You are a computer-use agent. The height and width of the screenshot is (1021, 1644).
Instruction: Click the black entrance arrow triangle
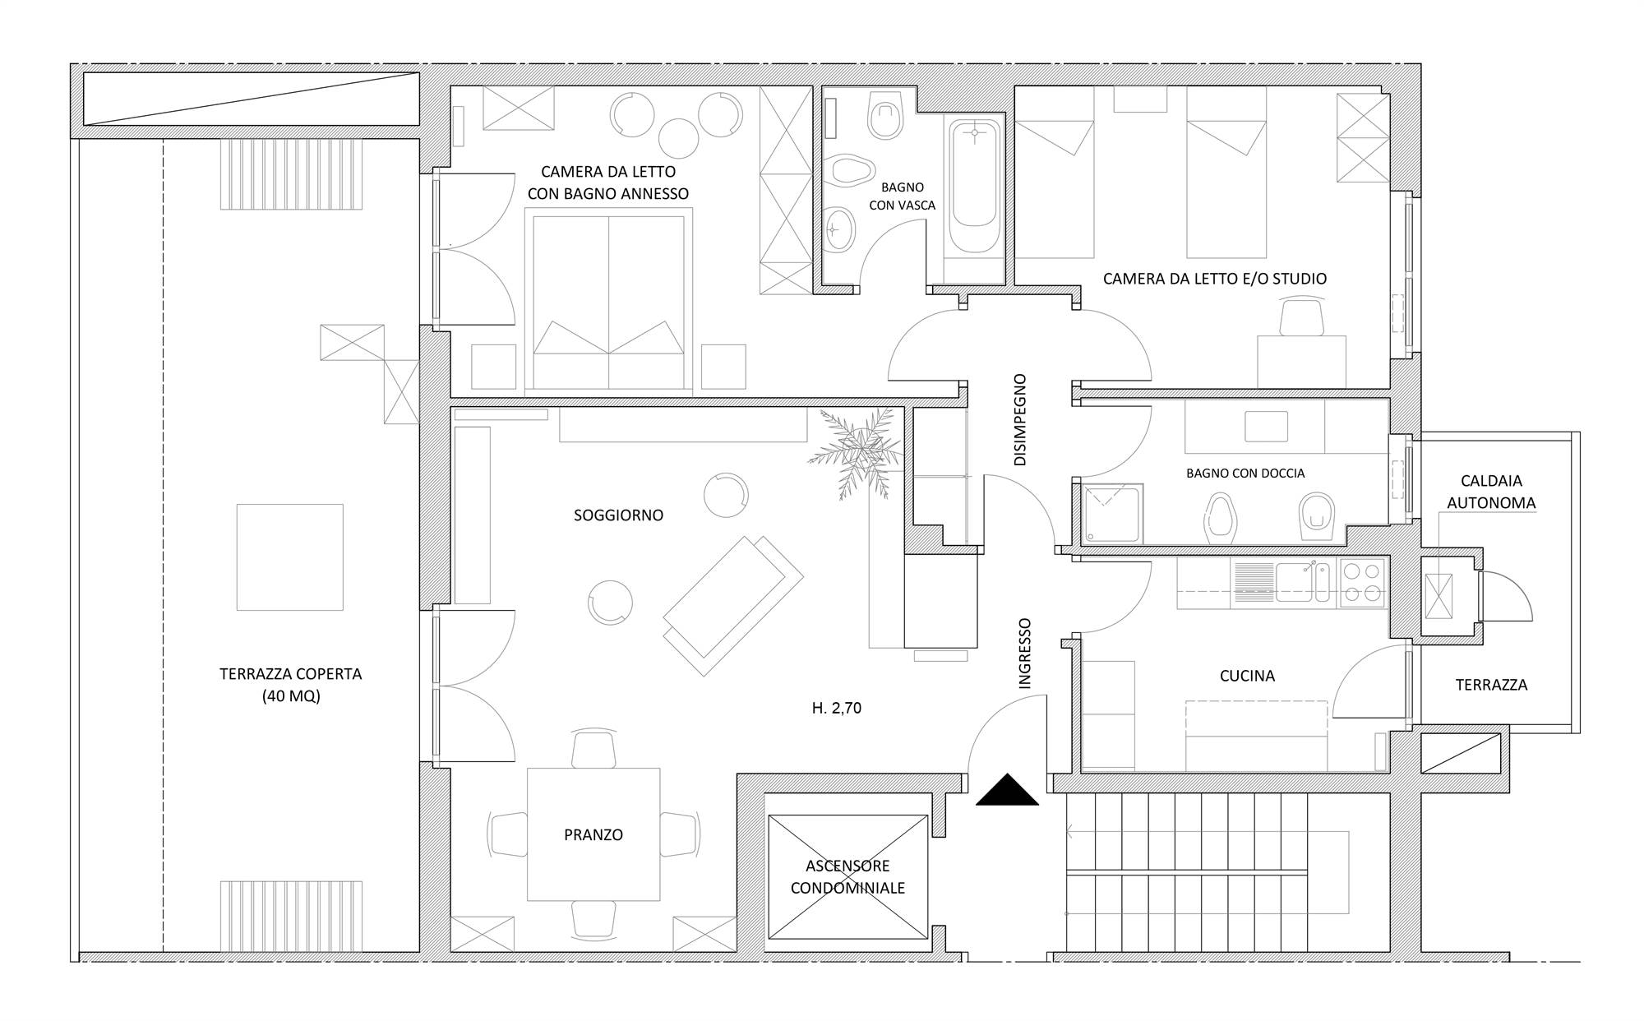click(x=1008, y=791)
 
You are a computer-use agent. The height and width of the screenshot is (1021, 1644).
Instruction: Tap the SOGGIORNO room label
click(x=618, y=515)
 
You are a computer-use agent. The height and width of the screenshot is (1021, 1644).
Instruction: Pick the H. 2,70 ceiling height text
click(x=836, y=708)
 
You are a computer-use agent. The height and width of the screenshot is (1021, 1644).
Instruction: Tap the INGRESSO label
click(x=1024, y=654)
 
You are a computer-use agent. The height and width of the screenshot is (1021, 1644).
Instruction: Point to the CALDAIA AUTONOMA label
click(x=1491, y=492)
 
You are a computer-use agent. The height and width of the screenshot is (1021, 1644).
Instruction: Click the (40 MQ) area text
click(x=291, y=696)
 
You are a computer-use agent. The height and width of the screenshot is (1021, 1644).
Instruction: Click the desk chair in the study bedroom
click(x=1302, y=318)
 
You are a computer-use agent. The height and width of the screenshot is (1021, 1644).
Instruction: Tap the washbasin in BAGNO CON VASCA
click(x=839, y=228)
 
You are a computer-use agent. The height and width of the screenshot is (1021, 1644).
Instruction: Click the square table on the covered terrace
click(x=290, y=557)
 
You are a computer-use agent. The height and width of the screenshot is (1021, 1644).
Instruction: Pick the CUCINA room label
click(x=1247, y=676)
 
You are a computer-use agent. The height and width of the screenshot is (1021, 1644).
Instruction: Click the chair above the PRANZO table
click(x=593, y=748)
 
